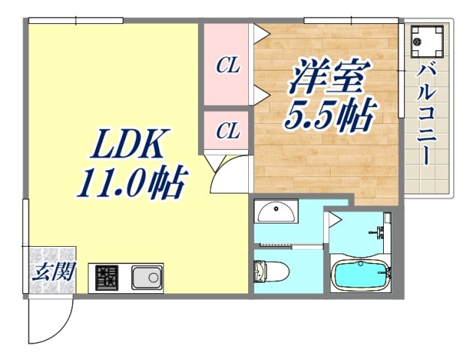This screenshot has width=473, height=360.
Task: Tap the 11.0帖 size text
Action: tap(132, 182)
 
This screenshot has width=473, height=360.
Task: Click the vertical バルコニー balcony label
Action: tap(427, 117)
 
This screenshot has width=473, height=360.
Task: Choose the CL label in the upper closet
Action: tap(227, 66)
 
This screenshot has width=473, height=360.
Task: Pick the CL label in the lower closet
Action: tap(227, 131)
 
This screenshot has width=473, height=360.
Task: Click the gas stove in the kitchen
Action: tap(106, 278)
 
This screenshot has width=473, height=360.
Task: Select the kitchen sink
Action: tap(147, 277)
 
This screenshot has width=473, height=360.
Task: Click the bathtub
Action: tap(361, 274)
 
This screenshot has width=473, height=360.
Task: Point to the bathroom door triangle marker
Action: tap(334, 219)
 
